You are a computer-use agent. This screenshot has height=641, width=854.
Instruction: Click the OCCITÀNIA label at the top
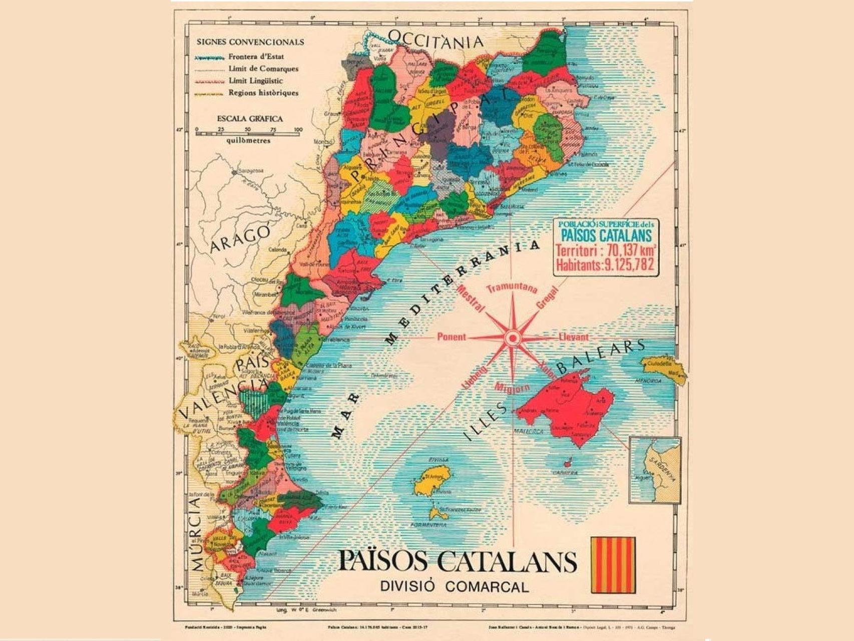(x=436, y=40)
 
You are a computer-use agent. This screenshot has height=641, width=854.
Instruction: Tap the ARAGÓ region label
(x=240, y=239)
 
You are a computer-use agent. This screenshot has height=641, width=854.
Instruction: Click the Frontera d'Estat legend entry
(x=256, y=57)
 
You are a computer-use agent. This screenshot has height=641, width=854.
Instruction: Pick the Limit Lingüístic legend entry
(x=255, y=81)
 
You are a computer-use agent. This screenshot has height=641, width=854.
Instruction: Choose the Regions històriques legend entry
(x=263, y=93)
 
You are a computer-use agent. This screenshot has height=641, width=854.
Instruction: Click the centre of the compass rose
(x=512, y=339)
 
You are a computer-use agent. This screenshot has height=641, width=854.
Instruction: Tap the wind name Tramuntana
(x=512, y=288)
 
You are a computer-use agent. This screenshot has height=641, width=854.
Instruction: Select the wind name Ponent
(x=452, y=337)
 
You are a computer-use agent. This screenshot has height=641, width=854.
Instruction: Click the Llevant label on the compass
(x=574, y=337)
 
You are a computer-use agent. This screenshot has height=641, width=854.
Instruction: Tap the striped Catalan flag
(x=613, y=565)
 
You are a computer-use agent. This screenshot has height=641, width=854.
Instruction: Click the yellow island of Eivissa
(x=432, y=480)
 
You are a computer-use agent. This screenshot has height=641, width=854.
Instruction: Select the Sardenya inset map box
(x=655, y=470)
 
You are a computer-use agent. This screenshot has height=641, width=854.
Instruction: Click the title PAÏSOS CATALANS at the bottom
(x=457, y=561)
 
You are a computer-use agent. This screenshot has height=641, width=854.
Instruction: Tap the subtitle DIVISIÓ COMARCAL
(x=454, y=586)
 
